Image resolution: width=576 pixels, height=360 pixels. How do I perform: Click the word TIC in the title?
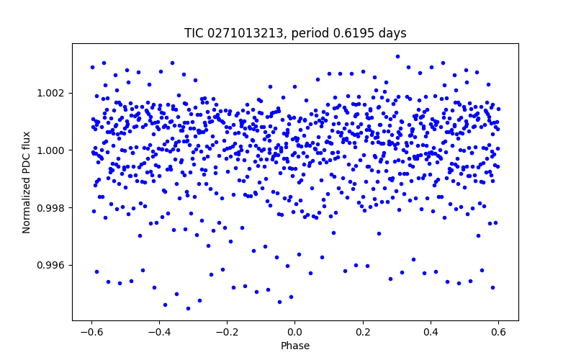(194, 34)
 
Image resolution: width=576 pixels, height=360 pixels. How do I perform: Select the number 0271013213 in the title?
(243, 34)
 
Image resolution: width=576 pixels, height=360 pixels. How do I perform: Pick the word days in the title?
(390, 34)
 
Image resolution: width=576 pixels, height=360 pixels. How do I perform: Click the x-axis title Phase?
(295, 346)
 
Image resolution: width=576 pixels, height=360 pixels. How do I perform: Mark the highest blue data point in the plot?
(397, 56)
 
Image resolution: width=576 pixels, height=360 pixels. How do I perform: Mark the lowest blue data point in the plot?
(188, 308)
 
